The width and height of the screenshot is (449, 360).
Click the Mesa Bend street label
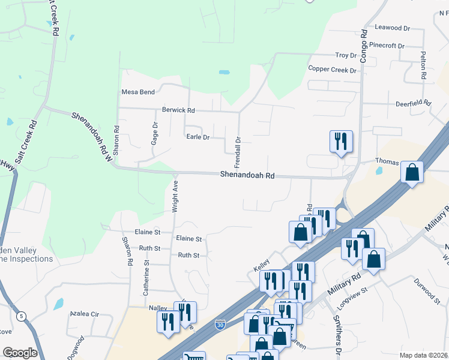point(138,92)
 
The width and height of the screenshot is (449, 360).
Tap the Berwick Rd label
point(178,110)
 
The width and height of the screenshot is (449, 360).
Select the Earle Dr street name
point(197,137)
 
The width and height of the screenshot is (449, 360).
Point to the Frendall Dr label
point(238,152)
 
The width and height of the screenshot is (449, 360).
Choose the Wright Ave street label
point(175,196)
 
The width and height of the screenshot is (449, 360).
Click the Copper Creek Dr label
point(332,70)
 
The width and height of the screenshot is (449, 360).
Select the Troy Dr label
point(346,55)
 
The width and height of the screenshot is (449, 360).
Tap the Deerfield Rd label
point(413,103)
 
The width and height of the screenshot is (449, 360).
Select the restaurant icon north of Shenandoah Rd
point(341,142)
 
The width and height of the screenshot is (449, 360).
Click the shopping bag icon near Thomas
point(412,172)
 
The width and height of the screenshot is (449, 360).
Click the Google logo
point(20,353)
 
